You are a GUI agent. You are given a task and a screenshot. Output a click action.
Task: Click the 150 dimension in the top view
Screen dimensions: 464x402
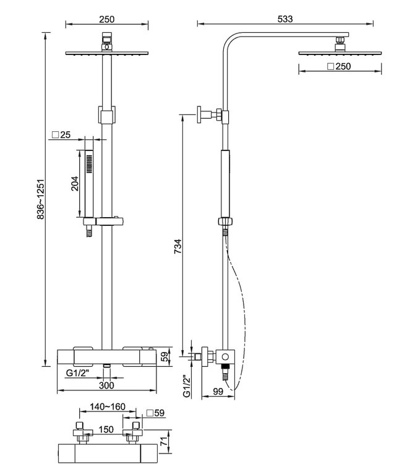tap(106, 429)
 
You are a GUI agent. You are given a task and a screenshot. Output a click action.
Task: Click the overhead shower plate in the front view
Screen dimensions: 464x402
tap(106, 54)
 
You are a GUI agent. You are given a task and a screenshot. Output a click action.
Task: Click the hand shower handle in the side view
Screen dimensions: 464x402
tap(225, 183)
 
